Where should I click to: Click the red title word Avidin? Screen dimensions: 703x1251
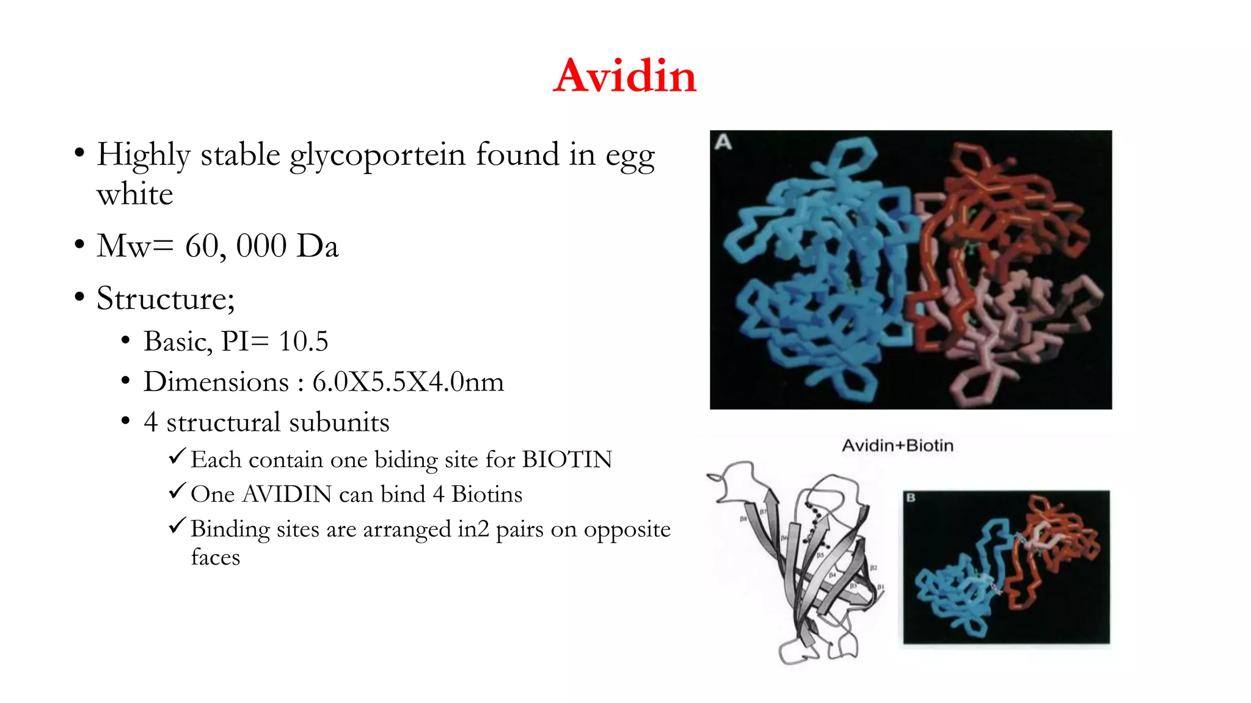click(624, 76)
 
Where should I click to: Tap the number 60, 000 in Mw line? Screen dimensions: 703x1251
click(236, 246)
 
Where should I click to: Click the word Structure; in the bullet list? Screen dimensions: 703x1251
click(166, 298)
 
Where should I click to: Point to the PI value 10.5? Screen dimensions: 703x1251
click(303, 341)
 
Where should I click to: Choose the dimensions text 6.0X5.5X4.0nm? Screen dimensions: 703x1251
click(408, 382)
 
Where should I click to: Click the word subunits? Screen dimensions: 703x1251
click(339, 422)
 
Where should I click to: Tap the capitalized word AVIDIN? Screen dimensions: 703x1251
click(287, 494)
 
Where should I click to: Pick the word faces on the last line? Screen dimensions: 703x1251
click(215, 557)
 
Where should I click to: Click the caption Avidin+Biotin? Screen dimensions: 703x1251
click(897, 445)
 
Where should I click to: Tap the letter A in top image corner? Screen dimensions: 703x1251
click(723, 142)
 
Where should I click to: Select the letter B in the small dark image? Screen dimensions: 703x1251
click(911, 498)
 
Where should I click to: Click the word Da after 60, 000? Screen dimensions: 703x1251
click(318, 246)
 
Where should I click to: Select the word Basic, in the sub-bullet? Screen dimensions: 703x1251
click(178, 341)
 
